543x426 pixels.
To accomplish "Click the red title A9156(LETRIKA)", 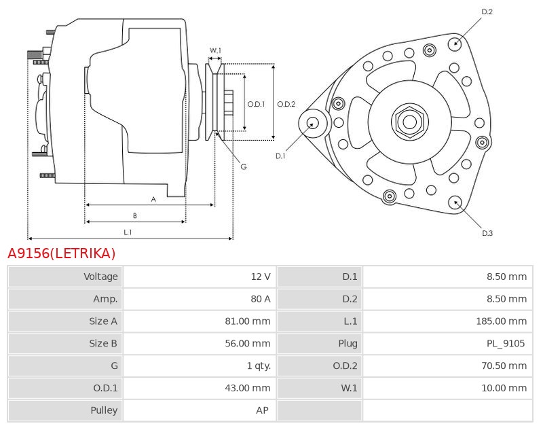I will coord(62,253).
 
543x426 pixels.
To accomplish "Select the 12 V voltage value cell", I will coord(261,277).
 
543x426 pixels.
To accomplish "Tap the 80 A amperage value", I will coord(260,299).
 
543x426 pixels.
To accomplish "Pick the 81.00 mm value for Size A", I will coord(247,321).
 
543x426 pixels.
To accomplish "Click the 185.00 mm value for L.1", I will coord(501,321).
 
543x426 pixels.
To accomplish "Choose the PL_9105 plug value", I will coord(506,344).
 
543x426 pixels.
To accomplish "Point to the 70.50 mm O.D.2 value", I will coord(504,366).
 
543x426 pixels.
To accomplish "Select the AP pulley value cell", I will coord(263,410).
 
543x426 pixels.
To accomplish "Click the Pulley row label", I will coord(104,410).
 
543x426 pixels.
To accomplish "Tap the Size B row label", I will coord(103,344).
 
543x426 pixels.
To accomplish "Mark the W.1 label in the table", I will coord(349,388).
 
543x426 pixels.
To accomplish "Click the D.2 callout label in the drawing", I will coord(487,12).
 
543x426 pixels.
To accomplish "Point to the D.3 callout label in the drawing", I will coord(487,233).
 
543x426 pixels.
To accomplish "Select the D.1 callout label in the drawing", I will coord(280,156).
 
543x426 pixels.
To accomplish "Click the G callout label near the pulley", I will coord(243,166).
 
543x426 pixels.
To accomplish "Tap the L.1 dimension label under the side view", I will coord(128,232).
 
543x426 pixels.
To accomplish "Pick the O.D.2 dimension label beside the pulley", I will coord(286,104).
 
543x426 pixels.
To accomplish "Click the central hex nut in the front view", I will coord(409,122).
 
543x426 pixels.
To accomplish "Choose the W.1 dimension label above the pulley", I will coord(215,50).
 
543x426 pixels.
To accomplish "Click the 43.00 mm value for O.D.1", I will coord(247,388).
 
